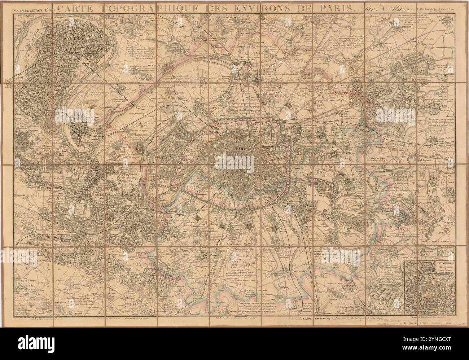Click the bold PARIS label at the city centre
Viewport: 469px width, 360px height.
click(x=234, y=148)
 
